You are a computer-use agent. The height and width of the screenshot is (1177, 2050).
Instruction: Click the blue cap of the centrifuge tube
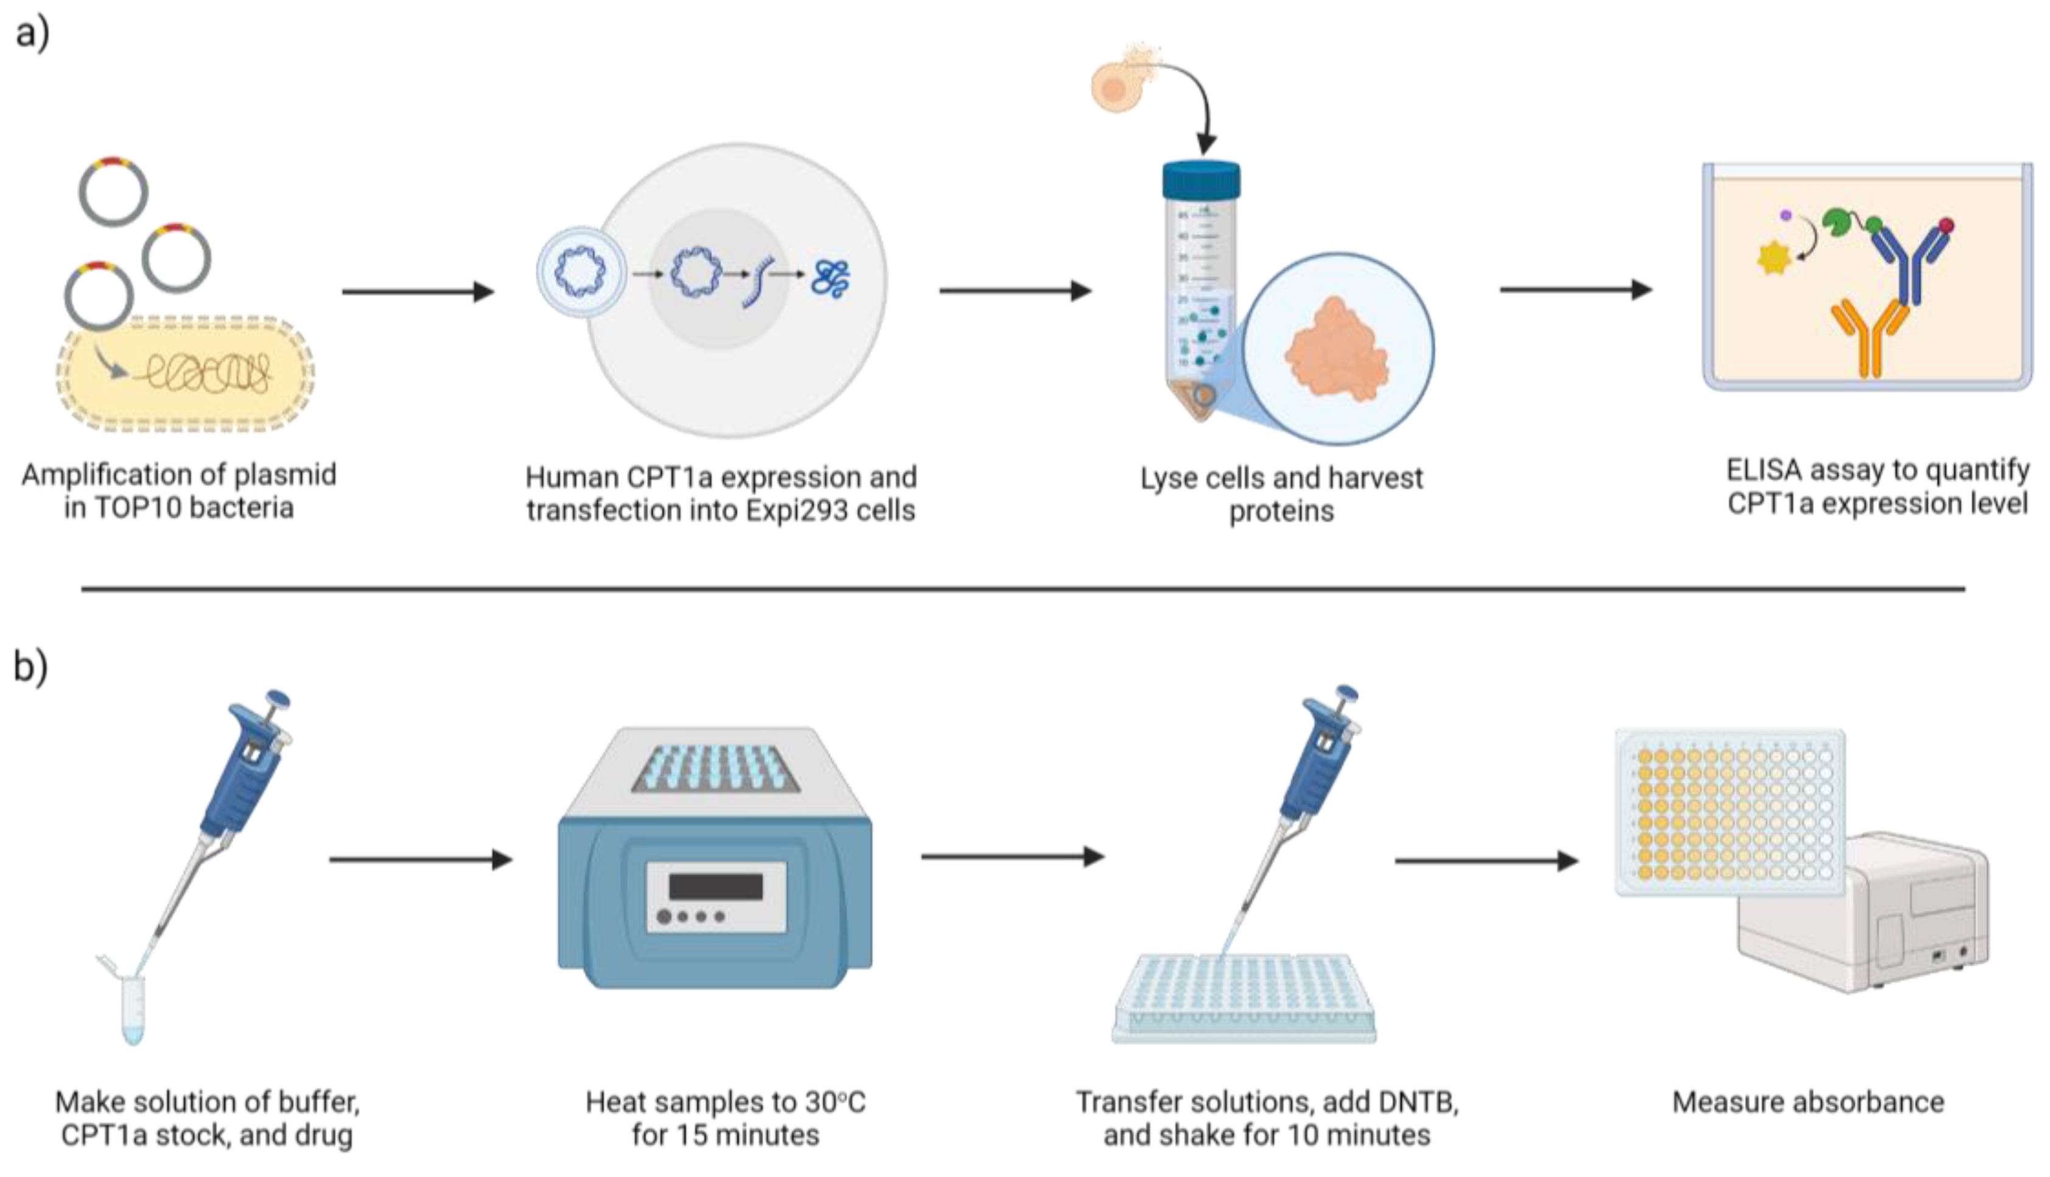(x=1200, y=179)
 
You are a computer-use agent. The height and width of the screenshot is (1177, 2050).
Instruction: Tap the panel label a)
(x=32, y=33)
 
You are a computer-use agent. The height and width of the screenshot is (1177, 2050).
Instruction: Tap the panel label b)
(x=30, y=667)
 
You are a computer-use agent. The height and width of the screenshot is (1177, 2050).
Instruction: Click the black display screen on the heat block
(x=715, y=887)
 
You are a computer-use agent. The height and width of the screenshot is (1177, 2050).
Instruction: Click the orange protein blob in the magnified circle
(x=1336, y=347)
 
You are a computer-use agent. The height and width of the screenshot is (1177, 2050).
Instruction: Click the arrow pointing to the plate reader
(x=1486, y=861)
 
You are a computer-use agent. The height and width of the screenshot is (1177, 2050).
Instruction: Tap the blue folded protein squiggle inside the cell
(x=830, y=277)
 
